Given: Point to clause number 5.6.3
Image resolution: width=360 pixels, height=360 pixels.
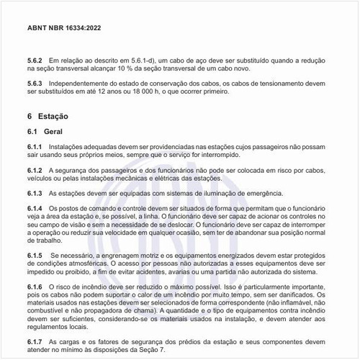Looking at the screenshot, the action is click(34, 84).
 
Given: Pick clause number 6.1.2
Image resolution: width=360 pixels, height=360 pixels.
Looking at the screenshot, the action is click(34, 171).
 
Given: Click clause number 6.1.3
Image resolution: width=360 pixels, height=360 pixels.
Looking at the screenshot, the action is click(34, 194).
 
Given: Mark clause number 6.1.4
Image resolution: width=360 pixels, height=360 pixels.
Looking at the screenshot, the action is click(34, 209).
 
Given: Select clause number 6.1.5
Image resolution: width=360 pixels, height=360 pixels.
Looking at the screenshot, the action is click(34, 256).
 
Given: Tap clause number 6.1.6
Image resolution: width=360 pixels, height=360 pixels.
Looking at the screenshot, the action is click(34, 287).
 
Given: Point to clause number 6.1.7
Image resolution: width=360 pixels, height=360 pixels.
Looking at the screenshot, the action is click(34, 341).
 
